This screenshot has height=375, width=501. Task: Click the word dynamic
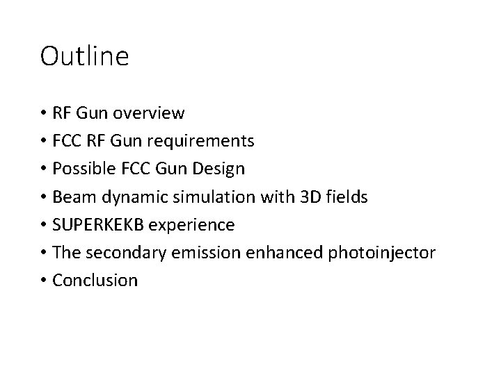[x=125, y=197]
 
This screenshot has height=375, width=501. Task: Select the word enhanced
[x=269, y=253]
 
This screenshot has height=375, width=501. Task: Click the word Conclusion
[x=95, y=281]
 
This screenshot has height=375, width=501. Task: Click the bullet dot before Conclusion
[x=44, y=281]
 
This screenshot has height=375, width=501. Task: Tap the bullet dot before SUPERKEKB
[x=44, y=225]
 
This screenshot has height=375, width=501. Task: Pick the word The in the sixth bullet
[x=66, y=253]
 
